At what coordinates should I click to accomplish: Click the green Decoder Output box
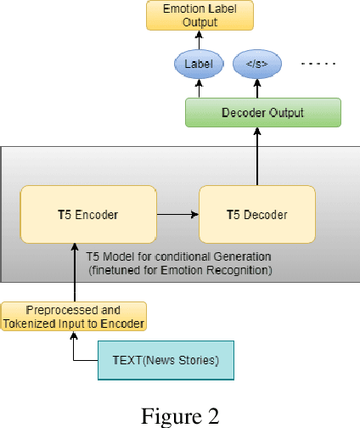(262, 112)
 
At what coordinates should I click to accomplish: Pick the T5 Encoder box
(89, 214)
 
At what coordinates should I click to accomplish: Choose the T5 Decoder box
(256, 214)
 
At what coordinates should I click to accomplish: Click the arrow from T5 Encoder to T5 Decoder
(178, 214)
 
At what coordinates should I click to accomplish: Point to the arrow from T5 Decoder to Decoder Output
(256, 157)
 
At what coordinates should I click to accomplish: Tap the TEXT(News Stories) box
(165, 361)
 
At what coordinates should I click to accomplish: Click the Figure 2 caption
(179, 415)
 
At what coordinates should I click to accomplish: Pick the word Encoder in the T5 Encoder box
(98, 214)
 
